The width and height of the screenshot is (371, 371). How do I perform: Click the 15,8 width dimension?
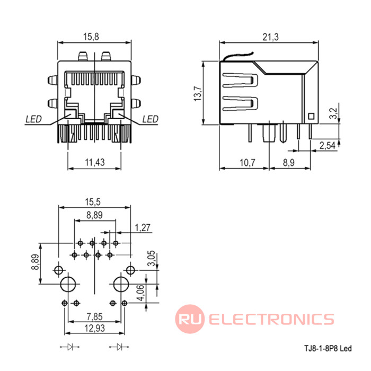click(91, 37)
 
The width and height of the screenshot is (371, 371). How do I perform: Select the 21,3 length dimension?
click(271, 37)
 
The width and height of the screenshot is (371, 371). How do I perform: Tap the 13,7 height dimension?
click(198, 94)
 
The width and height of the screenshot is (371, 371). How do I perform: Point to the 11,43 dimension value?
click(95, 162)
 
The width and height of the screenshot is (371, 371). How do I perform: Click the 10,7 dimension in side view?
click(248, 163)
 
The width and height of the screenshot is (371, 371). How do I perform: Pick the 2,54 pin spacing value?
click(328, 146)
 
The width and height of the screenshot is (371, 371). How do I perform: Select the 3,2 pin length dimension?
click(333, 113)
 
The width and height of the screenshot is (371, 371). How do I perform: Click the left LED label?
click(33, 119)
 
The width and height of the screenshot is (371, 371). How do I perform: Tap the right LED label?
click(150, 119)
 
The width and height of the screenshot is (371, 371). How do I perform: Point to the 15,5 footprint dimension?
click(93, 202)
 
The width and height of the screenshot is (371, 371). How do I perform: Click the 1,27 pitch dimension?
click(143, 227)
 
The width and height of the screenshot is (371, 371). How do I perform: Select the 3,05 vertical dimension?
click(151, 258)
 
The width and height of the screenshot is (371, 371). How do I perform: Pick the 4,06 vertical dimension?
click(140, 293)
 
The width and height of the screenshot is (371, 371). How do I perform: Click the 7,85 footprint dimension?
click(94, 316)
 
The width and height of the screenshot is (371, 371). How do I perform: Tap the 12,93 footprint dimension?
click(95, 328)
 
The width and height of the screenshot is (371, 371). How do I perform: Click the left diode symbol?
click(69, 347)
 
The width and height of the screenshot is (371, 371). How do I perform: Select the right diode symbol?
click(119, 347)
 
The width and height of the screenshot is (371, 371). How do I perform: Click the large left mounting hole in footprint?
click(68, 284)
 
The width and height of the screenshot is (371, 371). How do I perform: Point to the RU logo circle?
click(190, 319)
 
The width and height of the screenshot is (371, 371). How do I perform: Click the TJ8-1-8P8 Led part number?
click(328, 348)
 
